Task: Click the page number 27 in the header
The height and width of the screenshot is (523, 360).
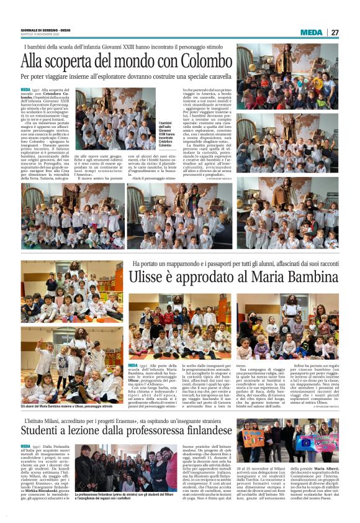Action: point(335,32)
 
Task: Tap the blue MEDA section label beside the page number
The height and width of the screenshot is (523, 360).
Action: point(311,32)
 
